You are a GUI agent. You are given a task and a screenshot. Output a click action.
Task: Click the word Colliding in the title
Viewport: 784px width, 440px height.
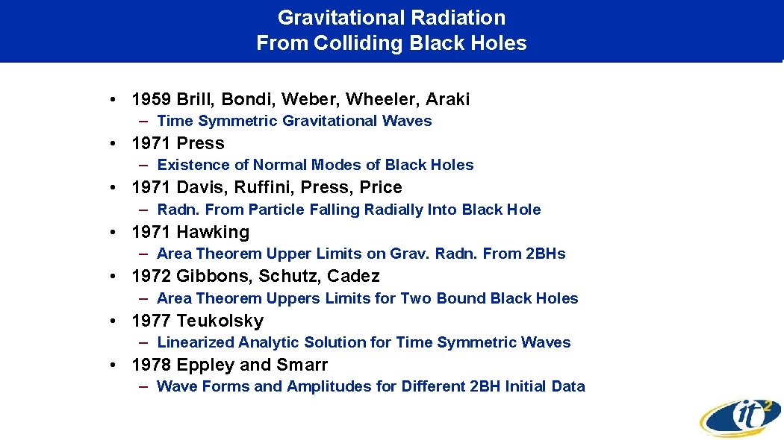351,43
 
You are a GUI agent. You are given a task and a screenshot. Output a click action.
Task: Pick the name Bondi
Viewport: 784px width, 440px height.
247,99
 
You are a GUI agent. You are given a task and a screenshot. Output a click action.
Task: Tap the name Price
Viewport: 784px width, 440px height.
381,187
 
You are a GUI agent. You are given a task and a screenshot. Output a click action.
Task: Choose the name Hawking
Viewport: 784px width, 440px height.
213,232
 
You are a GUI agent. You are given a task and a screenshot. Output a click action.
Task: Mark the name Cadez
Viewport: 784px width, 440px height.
354,276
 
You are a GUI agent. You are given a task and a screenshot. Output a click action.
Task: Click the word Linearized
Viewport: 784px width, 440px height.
195,342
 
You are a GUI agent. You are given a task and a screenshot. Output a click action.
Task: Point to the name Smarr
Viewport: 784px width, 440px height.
304,365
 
